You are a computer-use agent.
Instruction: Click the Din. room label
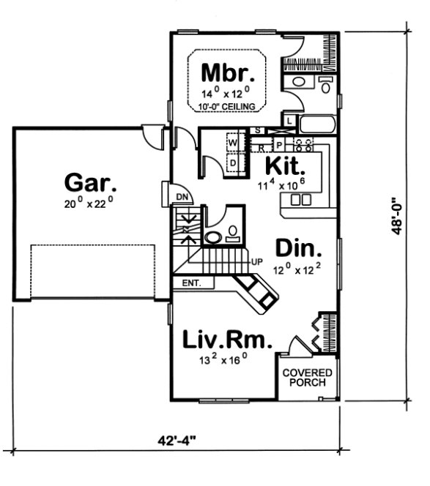(297, 247)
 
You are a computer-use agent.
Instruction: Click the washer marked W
(233, 141)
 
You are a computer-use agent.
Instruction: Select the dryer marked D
(233, 162)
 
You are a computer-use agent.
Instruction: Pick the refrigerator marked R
(261, 147)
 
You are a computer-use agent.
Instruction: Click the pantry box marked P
(278, 144)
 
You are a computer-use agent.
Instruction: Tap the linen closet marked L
(290, 121)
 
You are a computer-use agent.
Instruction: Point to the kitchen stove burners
(303, 143)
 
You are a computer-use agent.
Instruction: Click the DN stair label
(181, 197)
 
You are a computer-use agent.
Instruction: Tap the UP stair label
(256, 261)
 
